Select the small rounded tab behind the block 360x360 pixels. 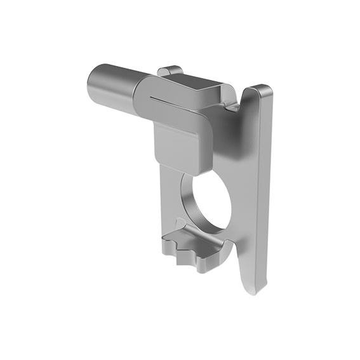pyautogui.click(x=169, y=69)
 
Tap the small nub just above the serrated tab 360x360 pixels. pyautogui.click(x=182, y=225)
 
